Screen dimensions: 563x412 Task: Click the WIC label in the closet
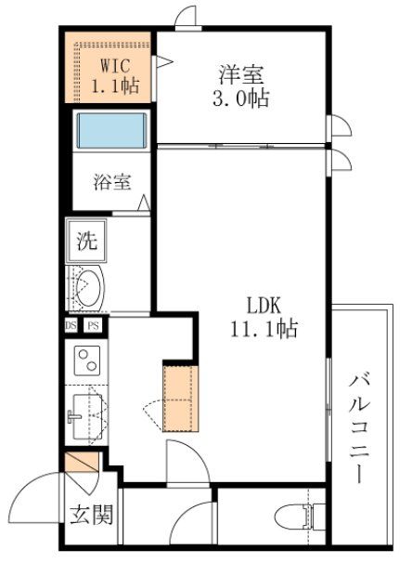click(115, 67)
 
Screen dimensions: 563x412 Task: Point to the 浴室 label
click(112, 182)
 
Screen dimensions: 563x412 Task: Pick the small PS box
click(92, 326)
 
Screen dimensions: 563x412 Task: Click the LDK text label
click(263, 305)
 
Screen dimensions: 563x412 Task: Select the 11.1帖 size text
click(263, 328)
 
